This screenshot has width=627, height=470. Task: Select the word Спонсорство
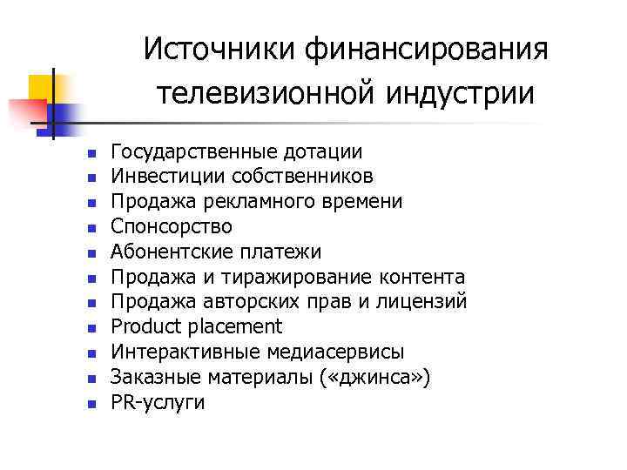(x=172, y=227)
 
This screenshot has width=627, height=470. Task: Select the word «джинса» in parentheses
(x=385, y=378)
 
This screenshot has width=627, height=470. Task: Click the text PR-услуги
(x=158, y=403)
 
